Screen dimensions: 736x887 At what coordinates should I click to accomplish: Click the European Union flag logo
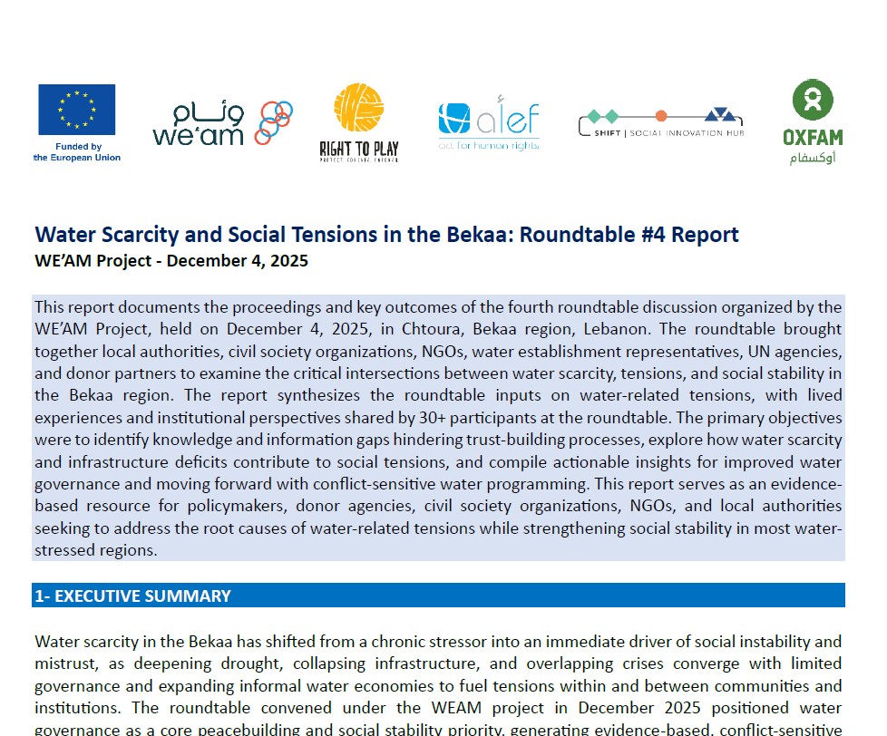tap(76, 109)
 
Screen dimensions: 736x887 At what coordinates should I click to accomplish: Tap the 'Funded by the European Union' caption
tap(77, 151)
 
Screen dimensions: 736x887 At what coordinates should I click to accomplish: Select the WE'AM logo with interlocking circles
tap(222, 122)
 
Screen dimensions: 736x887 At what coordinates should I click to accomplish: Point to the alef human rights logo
tap(488, 122)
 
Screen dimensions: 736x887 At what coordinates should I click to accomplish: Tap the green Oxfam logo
tap(812, 113)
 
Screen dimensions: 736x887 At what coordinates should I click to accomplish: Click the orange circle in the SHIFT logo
tap(661, 115)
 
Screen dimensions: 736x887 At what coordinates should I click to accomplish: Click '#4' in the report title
tap(664, 234)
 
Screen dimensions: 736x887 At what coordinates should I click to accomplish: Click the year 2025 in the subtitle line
tap(288, 261)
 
